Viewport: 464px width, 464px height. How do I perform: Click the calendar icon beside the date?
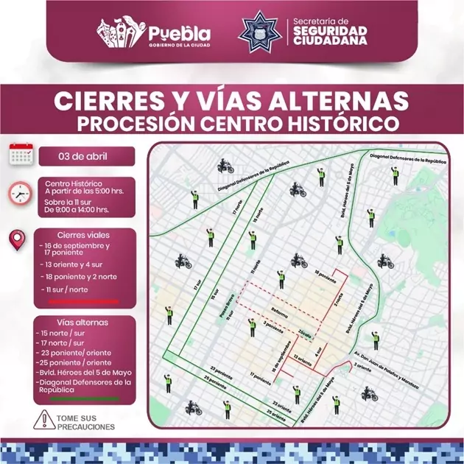pos(21,155)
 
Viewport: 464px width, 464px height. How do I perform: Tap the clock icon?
pos(19,194)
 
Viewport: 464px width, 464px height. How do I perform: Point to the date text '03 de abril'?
pos(87,156)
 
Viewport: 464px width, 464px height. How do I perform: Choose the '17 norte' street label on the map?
pos(237,210)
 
